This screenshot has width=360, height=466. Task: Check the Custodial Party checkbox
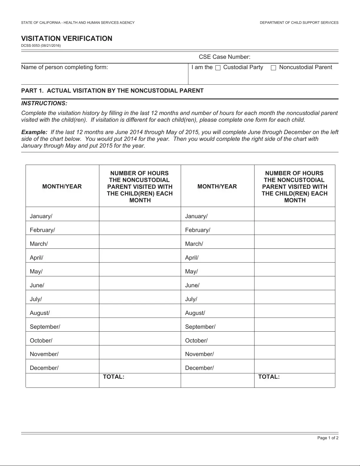click(218, 68)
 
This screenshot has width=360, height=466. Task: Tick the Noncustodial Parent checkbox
click(273, 68)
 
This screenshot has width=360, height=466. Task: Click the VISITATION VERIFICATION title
click(67, 39)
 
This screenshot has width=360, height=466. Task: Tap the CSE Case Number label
click(225, 57)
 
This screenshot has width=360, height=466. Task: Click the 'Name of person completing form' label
click(64, 67)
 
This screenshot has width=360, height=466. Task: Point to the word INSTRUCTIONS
click(44, 103)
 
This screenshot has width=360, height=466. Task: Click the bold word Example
click(34, 132)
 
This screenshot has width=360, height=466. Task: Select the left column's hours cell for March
click(140, 242)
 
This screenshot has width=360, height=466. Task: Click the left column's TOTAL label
click(113, 377)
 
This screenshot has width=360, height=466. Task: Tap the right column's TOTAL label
click(269, 377)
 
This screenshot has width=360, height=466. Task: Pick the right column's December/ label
click(199, 368)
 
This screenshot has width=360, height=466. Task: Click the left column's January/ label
click(41, 216)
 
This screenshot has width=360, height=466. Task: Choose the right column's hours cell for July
click(294, 297)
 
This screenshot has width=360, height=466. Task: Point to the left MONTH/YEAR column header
click(62, 186)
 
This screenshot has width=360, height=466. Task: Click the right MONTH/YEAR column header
click(217, 186)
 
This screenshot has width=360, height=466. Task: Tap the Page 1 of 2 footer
click(328, 438)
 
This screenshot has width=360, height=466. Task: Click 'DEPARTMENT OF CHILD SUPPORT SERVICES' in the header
click(299, 23)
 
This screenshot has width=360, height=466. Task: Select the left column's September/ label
click(45, 327)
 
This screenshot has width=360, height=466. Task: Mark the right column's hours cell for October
click(294, 338)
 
